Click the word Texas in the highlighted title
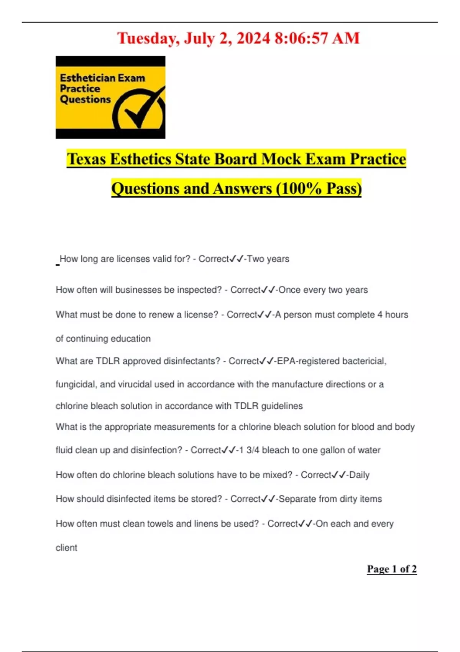86,159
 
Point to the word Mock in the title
281,159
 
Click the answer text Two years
268,259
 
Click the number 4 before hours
379,315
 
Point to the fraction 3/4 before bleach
253,450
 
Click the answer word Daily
359,475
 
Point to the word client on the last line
66,548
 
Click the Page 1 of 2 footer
392,569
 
